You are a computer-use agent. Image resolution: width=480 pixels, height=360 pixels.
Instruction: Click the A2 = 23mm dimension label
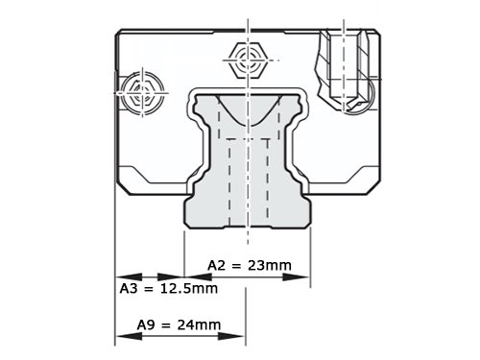(x=250, y=265)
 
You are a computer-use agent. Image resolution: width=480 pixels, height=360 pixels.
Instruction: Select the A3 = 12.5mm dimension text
(x=169, y=289)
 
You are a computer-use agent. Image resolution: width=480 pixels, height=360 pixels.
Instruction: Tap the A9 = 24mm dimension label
(x=179, y=324)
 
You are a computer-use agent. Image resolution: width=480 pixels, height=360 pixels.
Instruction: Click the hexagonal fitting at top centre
(x=248, y=60)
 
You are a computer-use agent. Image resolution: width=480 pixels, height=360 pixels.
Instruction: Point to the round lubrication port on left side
(x=142, y=93)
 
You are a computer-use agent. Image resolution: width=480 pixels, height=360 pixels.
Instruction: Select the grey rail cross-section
(x=248, y=160)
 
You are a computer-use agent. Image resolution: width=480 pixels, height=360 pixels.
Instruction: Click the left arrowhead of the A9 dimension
(x=129, y=336)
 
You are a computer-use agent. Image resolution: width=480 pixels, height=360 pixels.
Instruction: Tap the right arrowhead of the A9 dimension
(x=231, y=336)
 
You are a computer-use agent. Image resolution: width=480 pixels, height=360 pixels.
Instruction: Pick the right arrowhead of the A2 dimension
(x=297, y=277)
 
